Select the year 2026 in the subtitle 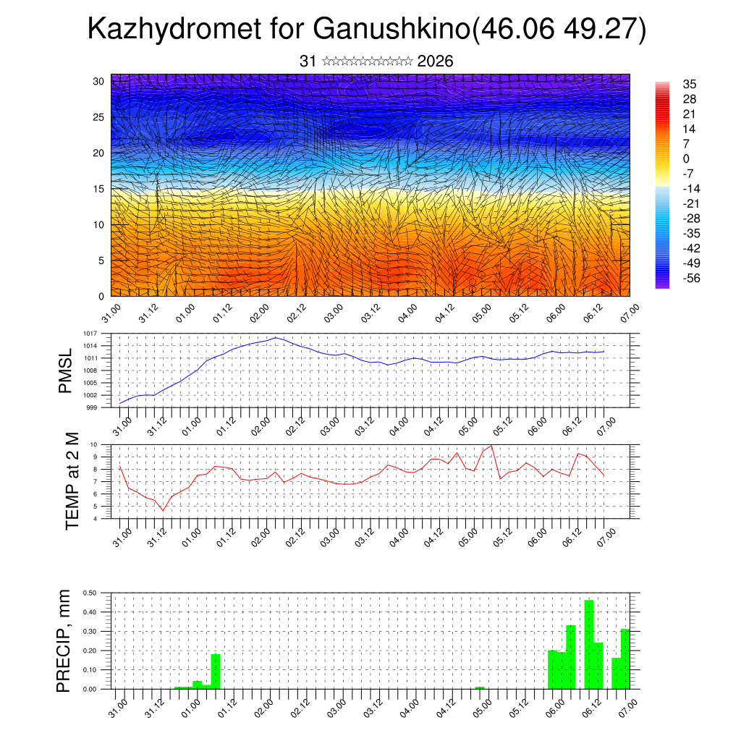click(x=435, y=62)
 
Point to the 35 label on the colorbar click(x=689, y=84)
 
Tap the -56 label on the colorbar click(x=691, y=278)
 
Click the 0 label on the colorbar click(x=686, y=158)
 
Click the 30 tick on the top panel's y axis click(x=99, y=81)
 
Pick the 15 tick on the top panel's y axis click(x=99, y=189)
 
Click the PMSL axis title click(x=66, y=370)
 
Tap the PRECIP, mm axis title click(x=65, y=640)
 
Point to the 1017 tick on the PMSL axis click(x=90, y=334)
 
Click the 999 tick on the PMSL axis click(x=92, y=407)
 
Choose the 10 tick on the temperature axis click(x=93, y=444)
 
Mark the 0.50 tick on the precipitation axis click(x=90, y=593)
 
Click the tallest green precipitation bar click(x=589, y=644)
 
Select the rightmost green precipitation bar click(x=625, y=659)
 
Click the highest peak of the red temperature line click(x=492, y=446)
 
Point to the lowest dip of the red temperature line click(x=163, y=511)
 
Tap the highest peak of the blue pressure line click(x=276, y=337)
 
